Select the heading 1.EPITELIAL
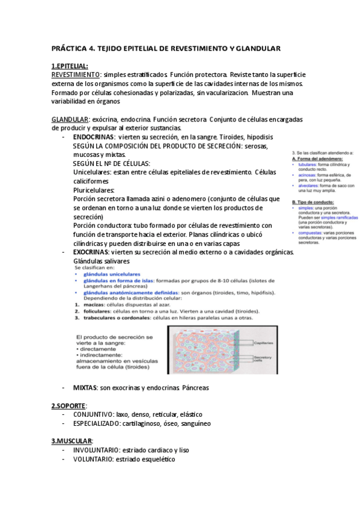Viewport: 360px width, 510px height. (x=70, y=66)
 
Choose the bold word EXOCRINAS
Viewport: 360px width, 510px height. (x=93, y=251)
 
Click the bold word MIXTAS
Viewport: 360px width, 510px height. (x=84, y=388)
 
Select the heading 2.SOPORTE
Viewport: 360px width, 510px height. (x=69, y=406)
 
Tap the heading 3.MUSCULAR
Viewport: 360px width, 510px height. (x=72, y=441)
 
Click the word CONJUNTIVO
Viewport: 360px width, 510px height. (x=94, y=415)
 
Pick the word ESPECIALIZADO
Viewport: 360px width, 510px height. (x=100, y=423)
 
